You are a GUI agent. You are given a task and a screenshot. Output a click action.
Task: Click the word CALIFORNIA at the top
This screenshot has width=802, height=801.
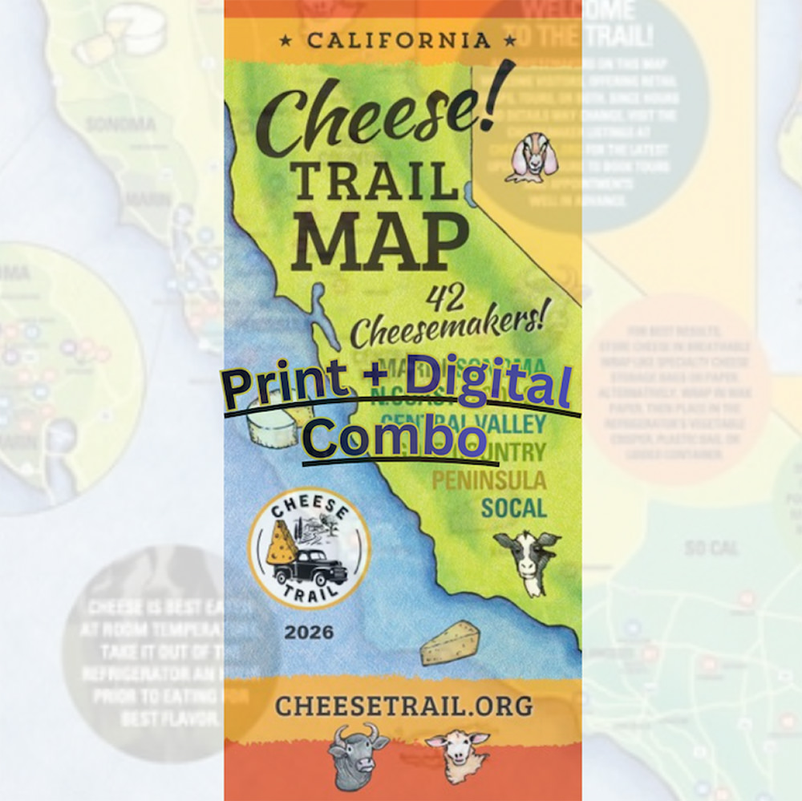(398, 40)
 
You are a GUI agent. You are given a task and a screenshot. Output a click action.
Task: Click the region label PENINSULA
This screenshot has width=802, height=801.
(489, 481)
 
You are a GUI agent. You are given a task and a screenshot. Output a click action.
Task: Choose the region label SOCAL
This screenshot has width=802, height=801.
(513, 508)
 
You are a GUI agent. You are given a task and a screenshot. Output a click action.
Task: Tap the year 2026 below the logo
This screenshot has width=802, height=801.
(309, 633)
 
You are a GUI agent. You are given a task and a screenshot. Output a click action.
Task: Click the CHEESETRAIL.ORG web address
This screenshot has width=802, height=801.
(403, 706)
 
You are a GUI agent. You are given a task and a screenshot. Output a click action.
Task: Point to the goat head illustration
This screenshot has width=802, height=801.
(529, 158)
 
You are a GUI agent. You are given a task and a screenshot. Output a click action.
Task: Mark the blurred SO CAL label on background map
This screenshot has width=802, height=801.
(711, 548)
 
